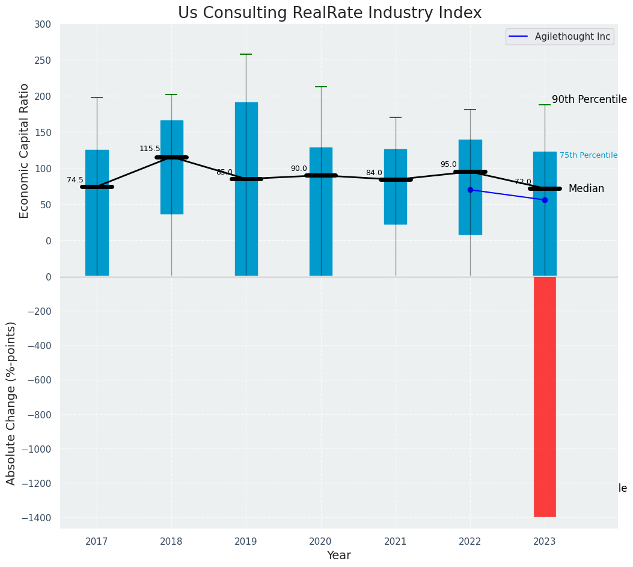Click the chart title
point(329,13)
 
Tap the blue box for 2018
point(171,167)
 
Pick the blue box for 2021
point(396,187)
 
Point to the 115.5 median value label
point(150,149)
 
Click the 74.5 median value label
point(75,180)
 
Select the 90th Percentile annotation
point(589,100)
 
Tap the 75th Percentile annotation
point(589,155)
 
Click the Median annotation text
point(586,189)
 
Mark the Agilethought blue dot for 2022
point(470,190)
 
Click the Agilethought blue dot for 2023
point(545,200)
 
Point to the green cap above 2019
point(246,54)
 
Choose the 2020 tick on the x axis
point(320,542)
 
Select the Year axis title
point(339,556)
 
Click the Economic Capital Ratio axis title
point(25,150)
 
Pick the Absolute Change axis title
point(11,403)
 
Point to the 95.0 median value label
point(448,164)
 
